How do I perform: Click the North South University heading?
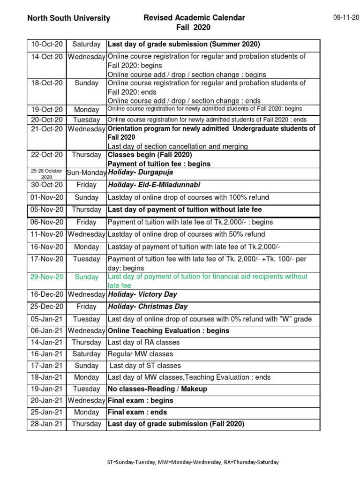click(x=68, y=19)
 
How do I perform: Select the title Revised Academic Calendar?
click(x=194, y=18)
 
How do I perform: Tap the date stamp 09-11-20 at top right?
click(x=346, y=17)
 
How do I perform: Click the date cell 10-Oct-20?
click(x=46, y=45)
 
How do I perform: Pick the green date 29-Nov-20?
click(x=46, y=277)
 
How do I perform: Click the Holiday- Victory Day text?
click(x=142, y=295)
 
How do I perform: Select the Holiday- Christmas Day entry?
click(x=148, y=307)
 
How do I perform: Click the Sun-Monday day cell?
click(x=86, y=173)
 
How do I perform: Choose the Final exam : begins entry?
click(x=141, y=401)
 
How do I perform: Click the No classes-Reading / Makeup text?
click(x=157, y=389)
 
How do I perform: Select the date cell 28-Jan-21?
click(x=46, y=424)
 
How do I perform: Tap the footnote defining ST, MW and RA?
click(x=193, y=462)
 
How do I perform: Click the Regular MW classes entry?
click(x=141, y=354)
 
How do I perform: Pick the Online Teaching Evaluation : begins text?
click(x=169, y=330)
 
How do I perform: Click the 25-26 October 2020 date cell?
click(x=46, y=174)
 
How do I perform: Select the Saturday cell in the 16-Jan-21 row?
click(x=86, y=354)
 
